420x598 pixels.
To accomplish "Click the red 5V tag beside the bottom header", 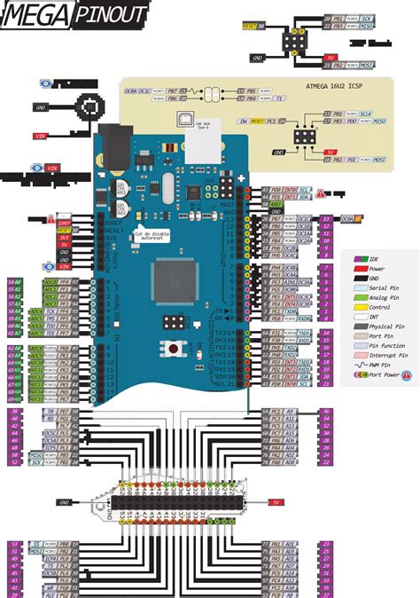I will (x=276, y=502).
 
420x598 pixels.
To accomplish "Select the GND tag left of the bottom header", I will (x=65, y=502).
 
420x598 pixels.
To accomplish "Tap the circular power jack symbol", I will (x=89, y=109).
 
